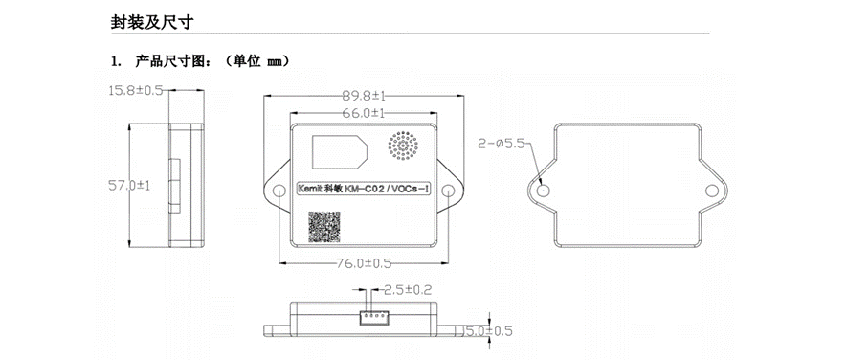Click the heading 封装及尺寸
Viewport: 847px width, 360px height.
pyautogui.click(x=152, y=22)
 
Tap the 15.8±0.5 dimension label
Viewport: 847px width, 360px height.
pyautogui.click(x=136, y=90)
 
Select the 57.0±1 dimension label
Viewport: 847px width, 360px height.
pyautogui.click(x=129, y=186)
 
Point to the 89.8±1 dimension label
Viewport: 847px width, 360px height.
pyautogui.click(x=364, y=96)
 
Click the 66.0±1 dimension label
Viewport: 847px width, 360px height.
pyautogui.click(x=364, y=114)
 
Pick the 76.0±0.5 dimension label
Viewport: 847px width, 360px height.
pyautogui.click(x=364, y=263)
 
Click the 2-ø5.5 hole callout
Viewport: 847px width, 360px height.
pyautogui.click(x=502, y=144)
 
